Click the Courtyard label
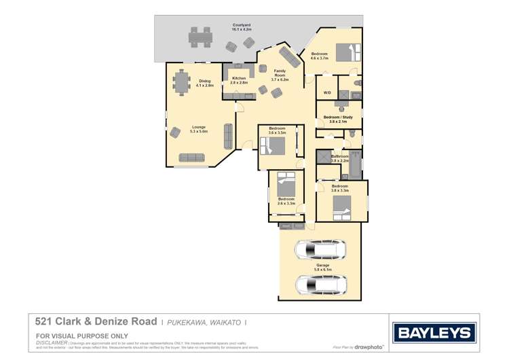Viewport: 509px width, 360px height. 242,27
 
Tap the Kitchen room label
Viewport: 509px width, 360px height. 239,80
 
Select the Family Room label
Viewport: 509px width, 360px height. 280,75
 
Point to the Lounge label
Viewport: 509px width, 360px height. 199,128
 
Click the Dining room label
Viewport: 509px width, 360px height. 205,84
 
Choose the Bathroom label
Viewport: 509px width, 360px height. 339,158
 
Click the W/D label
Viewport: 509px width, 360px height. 326,92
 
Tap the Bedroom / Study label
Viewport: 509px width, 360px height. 338,120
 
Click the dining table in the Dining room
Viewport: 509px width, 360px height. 181,82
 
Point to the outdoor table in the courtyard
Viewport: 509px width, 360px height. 200,37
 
